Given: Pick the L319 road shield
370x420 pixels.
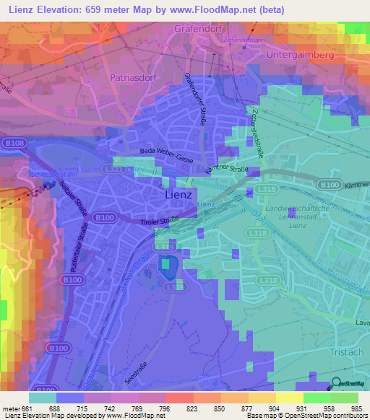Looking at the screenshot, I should [171, 286].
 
